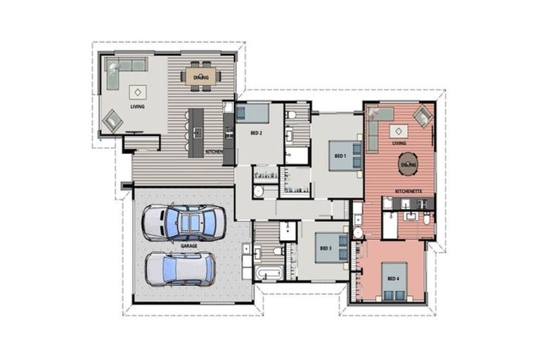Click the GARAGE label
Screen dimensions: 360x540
pyautogui.click(x=188, y=246)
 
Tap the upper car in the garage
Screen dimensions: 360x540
pyautogui.click(x=184, y=223)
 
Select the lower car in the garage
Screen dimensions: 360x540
pyautogui.click(x=180, y=268)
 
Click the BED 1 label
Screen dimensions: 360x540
pyautogui.click(x=340, y=155)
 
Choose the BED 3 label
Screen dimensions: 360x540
pyautogui.click(x=325, y=248)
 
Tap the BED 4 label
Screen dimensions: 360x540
pyautogui.click(x=392, y=278)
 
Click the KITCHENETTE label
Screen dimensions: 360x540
pyautogui.click(x=408, y=191)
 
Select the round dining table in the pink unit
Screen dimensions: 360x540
pyautogui.click(x=408, y=165)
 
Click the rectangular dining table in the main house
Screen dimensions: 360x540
pyautogui.click(x=202, y=76)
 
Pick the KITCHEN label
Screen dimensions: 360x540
pyautogui.click(x=214, y=151)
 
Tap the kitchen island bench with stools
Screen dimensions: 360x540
pyautogui.click(x=196, y=131)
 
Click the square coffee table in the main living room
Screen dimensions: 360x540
pyautogui.click(x=137, y=92)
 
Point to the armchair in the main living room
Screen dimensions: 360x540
pyautogui.click(x=112, y=122)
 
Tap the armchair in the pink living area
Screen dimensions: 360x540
pyautogui.click(x=422, y=116)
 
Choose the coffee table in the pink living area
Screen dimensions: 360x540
pyautogui.click(x=399, y=131)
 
